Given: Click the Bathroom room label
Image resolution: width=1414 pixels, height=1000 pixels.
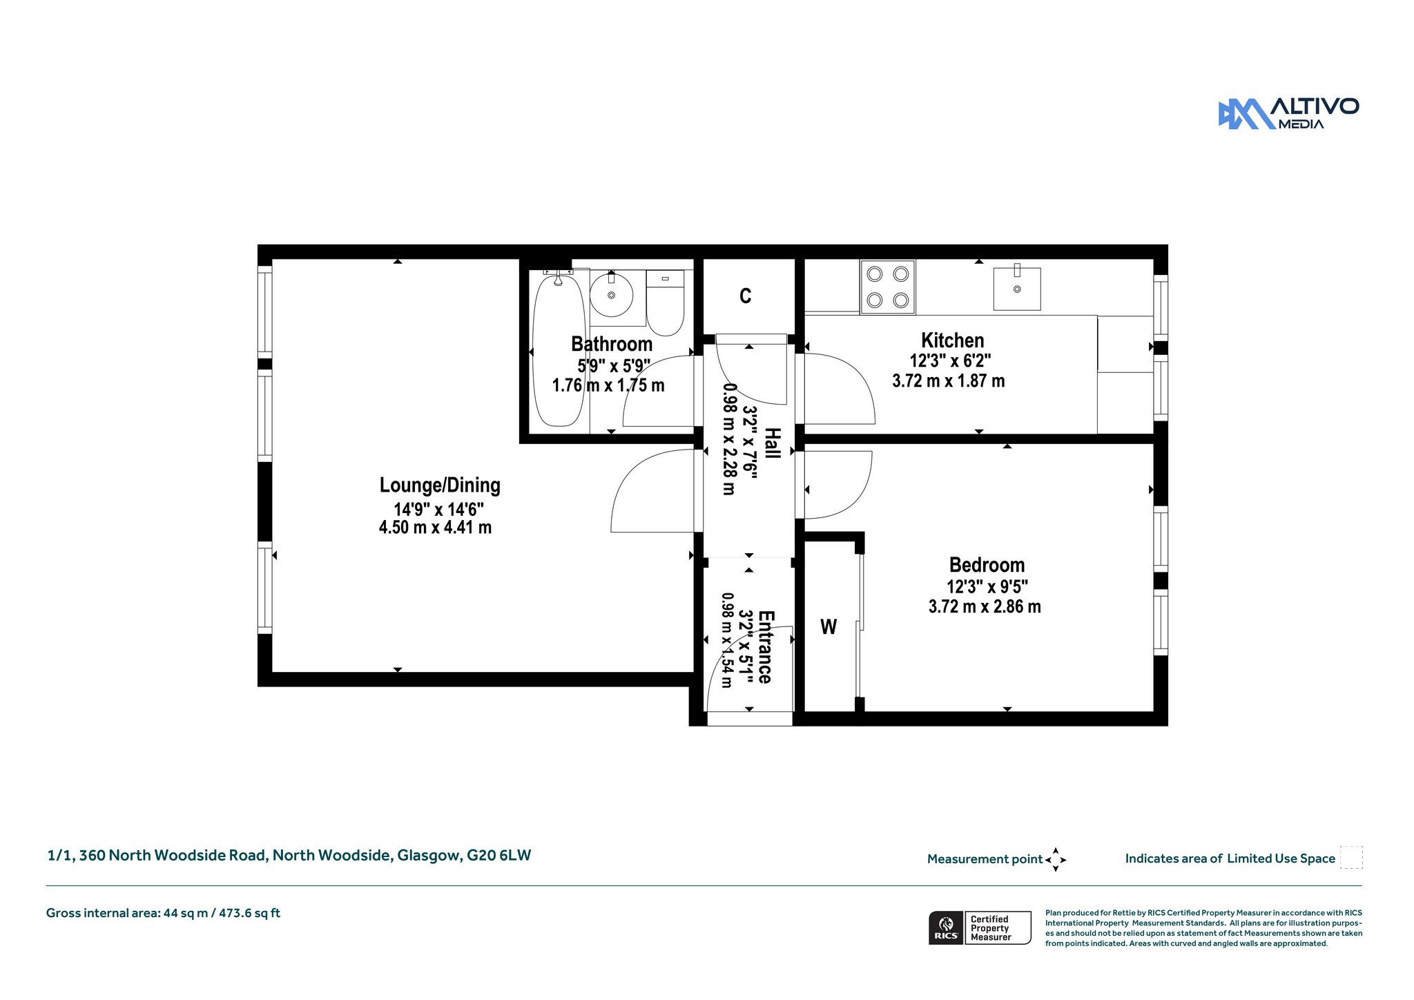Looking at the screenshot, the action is (612, 344).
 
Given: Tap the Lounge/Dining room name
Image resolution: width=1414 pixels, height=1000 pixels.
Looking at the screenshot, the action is (440, 485).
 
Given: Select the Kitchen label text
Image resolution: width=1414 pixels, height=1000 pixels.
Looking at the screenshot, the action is (953, 340).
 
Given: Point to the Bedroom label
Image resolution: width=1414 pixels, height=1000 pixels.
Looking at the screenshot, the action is (987, 565).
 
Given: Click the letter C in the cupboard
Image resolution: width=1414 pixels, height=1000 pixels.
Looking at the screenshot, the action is (746, 296).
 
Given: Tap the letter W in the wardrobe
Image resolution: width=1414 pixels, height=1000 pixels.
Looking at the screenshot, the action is (829, 627).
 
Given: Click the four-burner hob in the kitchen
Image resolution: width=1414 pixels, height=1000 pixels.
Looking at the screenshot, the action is (887, 287).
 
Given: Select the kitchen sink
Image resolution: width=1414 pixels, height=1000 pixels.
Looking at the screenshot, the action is (1017, 288).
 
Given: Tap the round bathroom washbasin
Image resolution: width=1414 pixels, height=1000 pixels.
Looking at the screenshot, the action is (611, 295).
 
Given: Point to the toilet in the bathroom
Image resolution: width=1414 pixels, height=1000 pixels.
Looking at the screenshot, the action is (665, 302).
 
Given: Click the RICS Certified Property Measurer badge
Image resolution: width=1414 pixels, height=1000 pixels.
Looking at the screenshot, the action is (980, 927).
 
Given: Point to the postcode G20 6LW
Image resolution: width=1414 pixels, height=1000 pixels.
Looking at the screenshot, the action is (499, 856).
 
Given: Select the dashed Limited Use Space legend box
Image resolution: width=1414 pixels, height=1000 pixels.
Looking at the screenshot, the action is (1351, 858).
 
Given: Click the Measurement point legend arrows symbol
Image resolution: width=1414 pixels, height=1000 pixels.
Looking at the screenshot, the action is (1056, 860).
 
